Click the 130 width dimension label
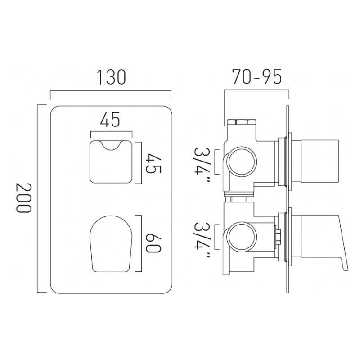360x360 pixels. click(x=111, y=77)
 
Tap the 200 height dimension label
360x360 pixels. click(x=23, y=198)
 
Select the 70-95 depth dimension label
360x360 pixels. click(x=256, y=77)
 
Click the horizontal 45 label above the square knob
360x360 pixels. click(x=110, y=119)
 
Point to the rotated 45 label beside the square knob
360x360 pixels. click(x=153, y=163)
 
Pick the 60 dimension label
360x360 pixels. click(x=153, y=243)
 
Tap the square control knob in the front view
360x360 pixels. click(x=111, y=162)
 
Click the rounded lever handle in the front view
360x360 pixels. click(x=111, y=243)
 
